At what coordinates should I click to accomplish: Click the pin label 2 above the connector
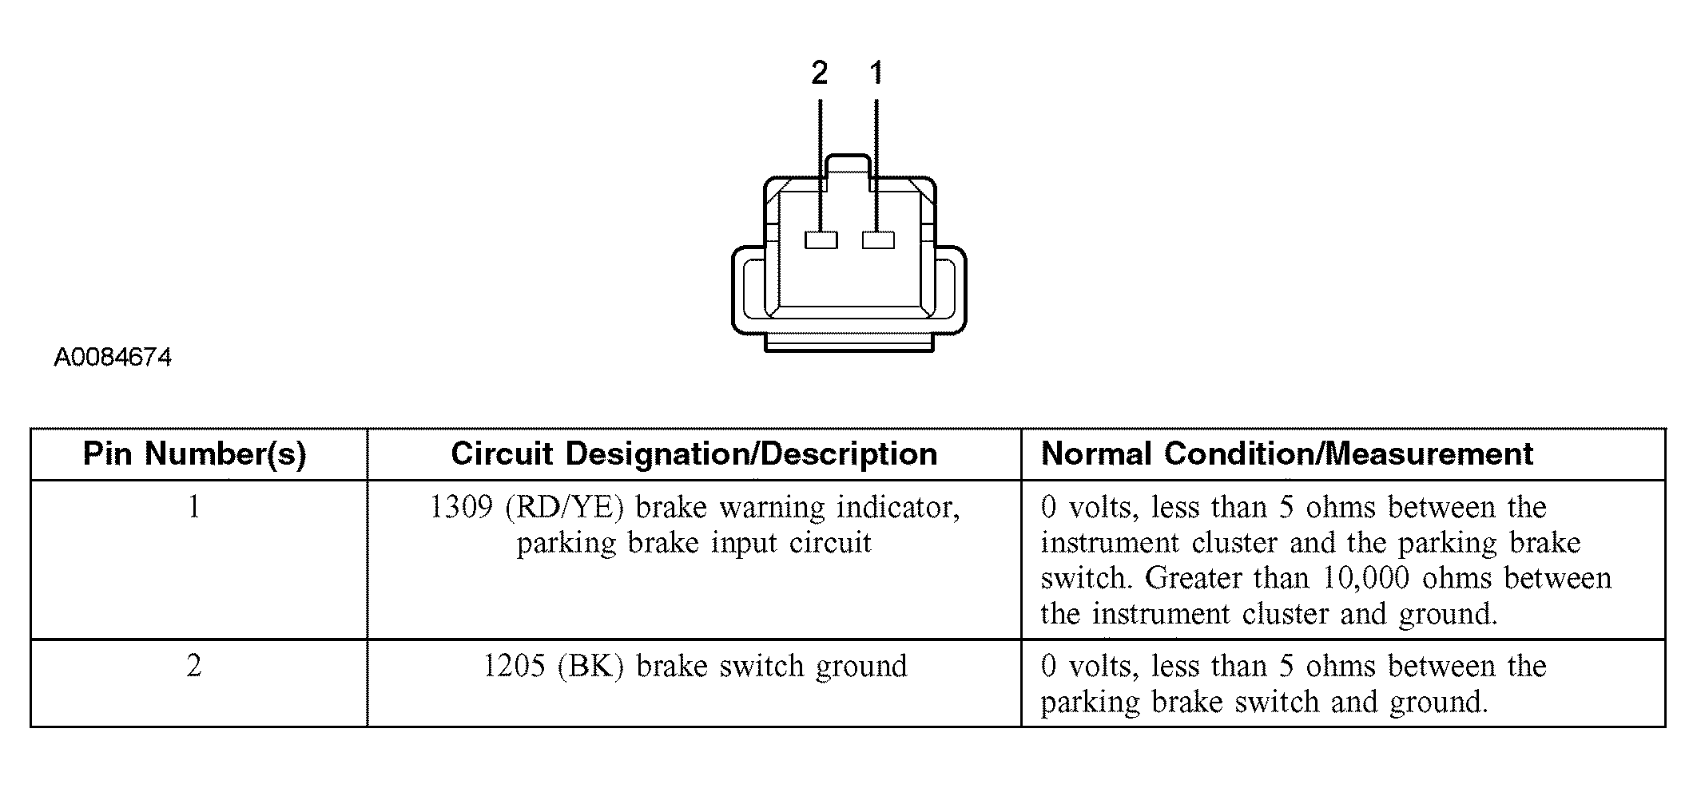pyautogui.click(x=819, y=73)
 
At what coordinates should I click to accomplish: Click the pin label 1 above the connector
pyautogui.click(x=876, y=73)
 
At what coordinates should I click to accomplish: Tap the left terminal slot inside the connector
pyautogui.click(x=821, y=240)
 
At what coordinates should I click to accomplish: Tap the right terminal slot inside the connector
pyautogui.click(x=878, y=240)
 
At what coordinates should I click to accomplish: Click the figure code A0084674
pyautogui.click(x=113, y=357)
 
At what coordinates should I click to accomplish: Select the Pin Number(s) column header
pyautogui.click(x=195, y=453)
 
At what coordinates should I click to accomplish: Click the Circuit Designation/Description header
pyautogui.click(x=694, y=453)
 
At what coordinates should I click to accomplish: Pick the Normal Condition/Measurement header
pyautogui.click(x=1286, y=453)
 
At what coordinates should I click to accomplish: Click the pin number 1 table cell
pyautogui.click(x=194, y=507)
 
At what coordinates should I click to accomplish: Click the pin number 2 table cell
pyautogui.click(x=194, y=666)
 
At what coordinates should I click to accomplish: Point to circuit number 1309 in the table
pyautogui.click(x=461, y=507)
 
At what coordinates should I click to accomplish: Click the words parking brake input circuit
pyautogui.click(x=694, y=543)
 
